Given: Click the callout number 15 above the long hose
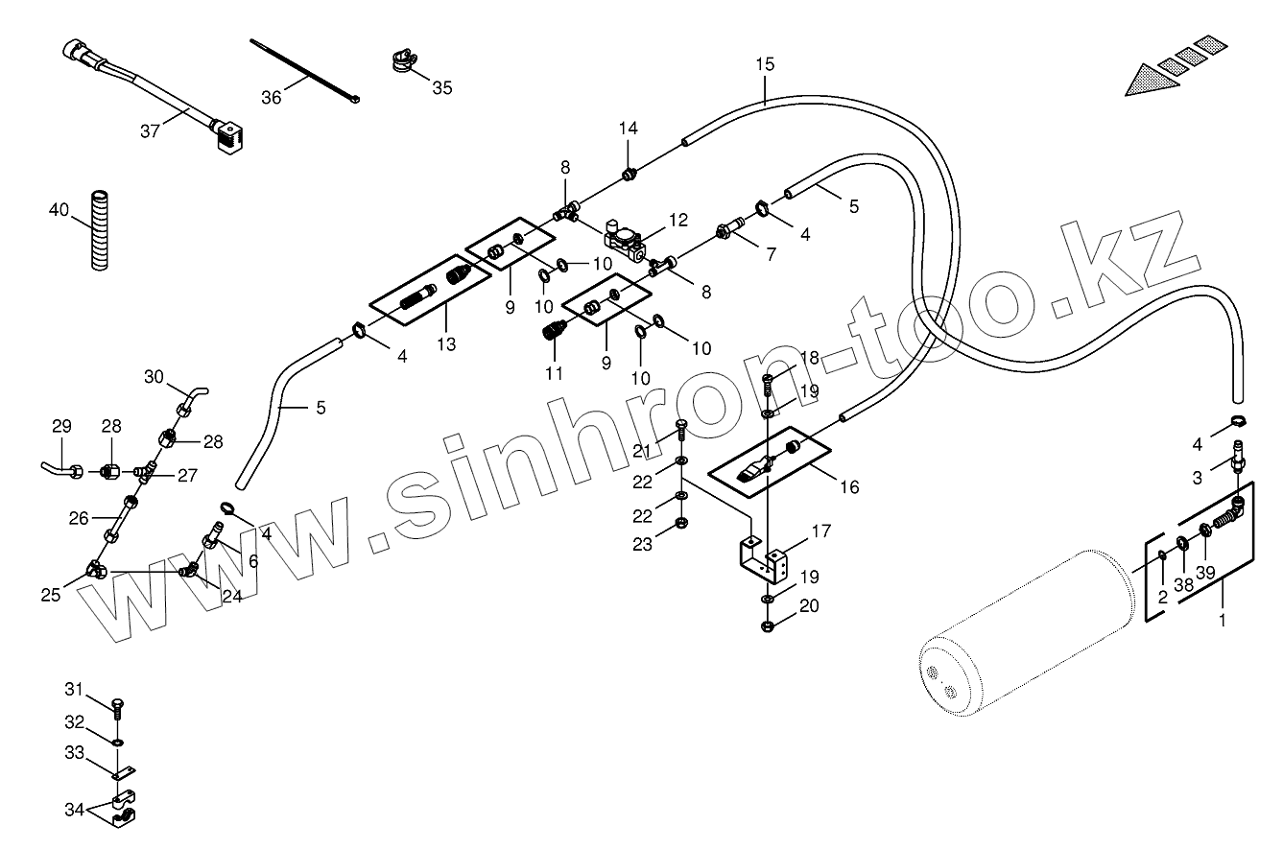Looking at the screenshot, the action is coord(764,65).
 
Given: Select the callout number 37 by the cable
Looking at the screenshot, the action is coord(150,131).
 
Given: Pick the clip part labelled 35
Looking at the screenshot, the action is coord(402,62).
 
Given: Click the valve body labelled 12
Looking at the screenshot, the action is coord(628,241).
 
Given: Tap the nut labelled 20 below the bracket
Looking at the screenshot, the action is coord(769,627).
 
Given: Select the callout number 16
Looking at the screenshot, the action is coord(848,487).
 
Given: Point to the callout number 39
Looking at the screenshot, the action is coord(1206,573).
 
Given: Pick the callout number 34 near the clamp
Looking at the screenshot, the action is coord(75,809).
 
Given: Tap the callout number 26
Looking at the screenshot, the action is coord(79,518).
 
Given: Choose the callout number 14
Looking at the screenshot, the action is coord(628,129).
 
